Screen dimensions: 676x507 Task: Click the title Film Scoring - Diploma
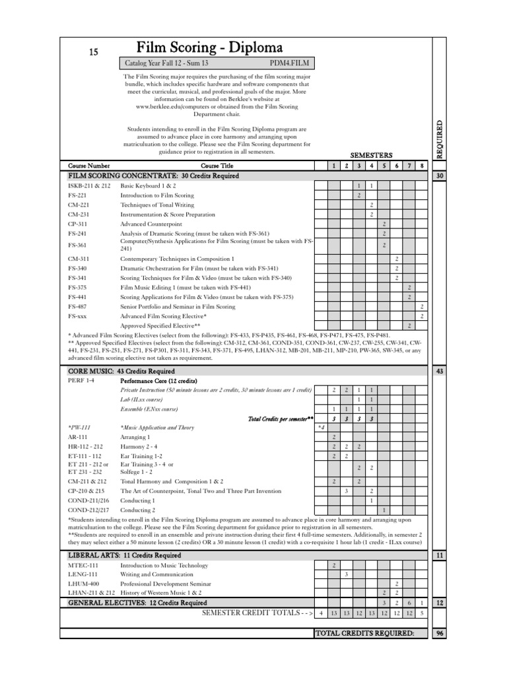209,48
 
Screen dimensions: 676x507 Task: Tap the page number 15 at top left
93,52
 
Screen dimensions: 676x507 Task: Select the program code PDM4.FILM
289,63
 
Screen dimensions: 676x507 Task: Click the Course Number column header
89,166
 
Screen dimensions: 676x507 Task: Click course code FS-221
77,196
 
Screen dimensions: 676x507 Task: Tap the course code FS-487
77,307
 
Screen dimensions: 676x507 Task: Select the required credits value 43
439,372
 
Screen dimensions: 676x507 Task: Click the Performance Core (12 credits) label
158,382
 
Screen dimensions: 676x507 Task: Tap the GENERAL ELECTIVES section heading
137,603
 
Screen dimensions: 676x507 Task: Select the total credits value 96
439,634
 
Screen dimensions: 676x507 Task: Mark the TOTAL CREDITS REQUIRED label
364,634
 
